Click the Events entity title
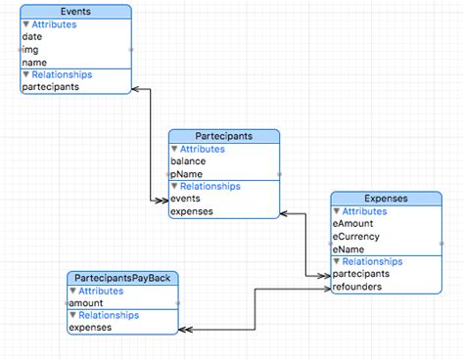75,11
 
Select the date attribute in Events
33,36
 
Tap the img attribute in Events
31,49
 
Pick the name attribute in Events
35,62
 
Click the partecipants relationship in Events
50,86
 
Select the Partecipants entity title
224,136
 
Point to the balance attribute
188,161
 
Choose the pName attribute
187,174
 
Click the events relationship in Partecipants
186,199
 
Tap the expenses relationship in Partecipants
191,211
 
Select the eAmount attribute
353,224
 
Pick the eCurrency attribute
356,237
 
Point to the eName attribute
349,249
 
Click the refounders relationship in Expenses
357,287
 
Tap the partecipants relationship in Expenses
361,274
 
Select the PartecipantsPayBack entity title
122,279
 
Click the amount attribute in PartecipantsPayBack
87,303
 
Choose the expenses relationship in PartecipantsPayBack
89,328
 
